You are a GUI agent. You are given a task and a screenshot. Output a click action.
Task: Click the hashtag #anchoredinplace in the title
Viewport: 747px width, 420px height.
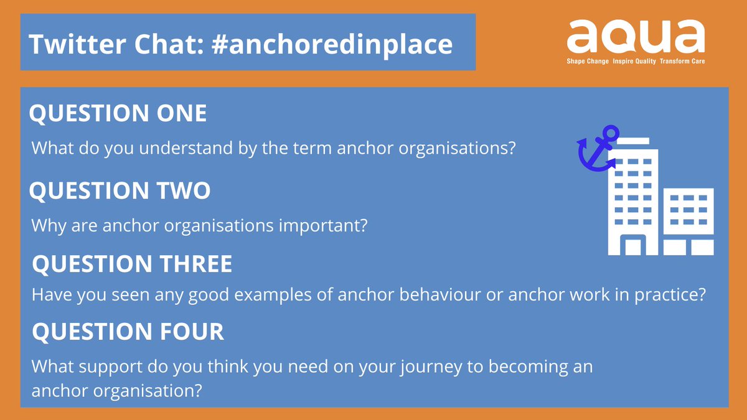324,44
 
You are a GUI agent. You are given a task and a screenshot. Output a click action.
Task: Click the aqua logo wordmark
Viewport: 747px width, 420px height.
635,37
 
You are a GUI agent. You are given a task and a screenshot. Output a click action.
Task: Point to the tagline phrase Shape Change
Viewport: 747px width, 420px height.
588,62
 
